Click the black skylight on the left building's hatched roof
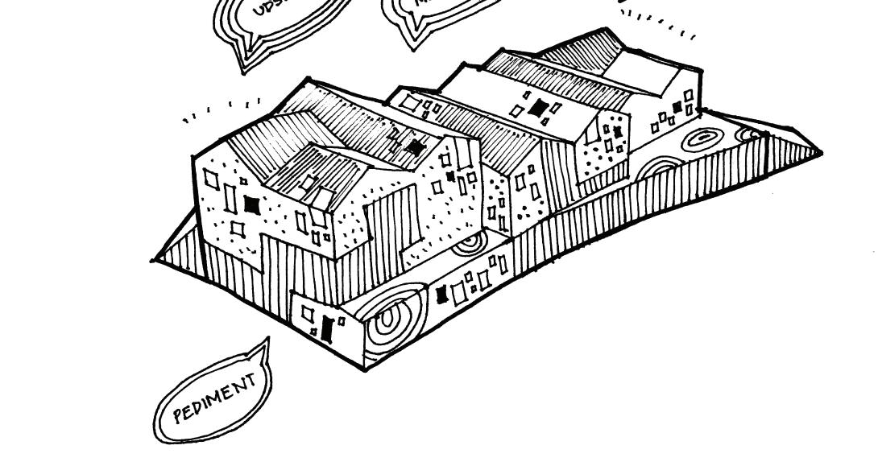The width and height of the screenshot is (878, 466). click(x=415, y=146)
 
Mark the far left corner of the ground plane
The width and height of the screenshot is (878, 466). click(x=152, y=260)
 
